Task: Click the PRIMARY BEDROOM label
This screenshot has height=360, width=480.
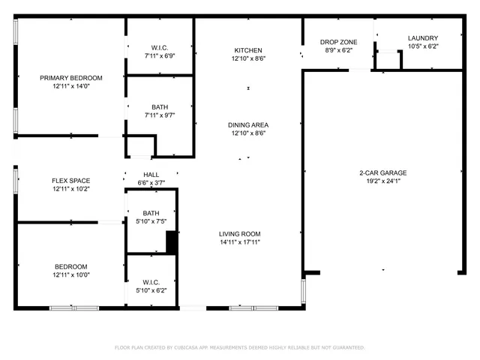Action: pyautogui.click(x=71, y=78)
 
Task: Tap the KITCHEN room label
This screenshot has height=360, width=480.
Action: pyautogui.click(x=248, y=50)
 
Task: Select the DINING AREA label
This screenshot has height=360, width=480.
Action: pyautogui.click(x=248, y=125)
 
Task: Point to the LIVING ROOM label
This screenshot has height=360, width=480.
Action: pyautogui.click(x=239, y=234)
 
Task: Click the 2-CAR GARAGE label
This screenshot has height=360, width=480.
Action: pyautogui.click(x=382, y=172)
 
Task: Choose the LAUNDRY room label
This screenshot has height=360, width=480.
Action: pyautogui.click(x=423, y=38)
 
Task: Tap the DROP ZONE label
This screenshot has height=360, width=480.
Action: pyautogui.click(x=338, y=42)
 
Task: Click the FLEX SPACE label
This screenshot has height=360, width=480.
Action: pyautogui.click(x=71, y=181)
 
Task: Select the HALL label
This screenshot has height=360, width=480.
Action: pyautogui.click(x=151, y=175)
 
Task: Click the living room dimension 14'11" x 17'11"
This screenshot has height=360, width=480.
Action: pyautogui.click(x=239, y=242)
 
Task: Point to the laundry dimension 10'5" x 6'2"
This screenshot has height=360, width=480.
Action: pyautogui.click(x=423, y=46)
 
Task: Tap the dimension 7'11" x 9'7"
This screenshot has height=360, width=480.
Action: pyautogui.click(x=160, y=115)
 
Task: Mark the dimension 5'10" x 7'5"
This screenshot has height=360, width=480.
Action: pyautogui.click(x=151, y=221)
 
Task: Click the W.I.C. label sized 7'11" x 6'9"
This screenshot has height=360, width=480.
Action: pyautogui.click(x=160, y=47)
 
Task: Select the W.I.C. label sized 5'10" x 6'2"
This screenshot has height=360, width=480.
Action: pyautogui.click(x=151, y=282)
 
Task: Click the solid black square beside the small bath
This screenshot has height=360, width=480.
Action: pyautogui.click(x=172, y=242)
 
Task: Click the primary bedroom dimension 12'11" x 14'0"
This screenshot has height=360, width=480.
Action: pyautogui.click(x=71, y=86)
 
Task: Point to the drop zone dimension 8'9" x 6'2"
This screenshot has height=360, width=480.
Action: pyautogui.click(x=338, y=50)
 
